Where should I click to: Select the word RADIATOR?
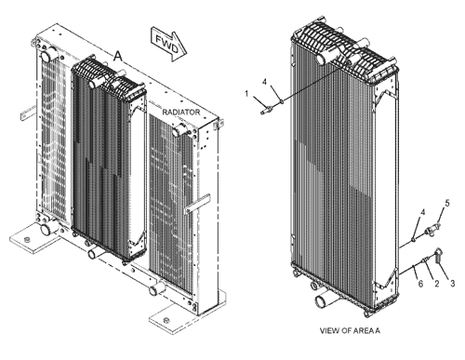tap(181, 112)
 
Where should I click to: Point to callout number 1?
tap(246, 93)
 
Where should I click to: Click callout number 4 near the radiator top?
tap(264, 83)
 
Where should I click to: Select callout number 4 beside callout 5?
tap(421, 213)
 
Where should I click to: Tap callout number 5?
tap(445, 203)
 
